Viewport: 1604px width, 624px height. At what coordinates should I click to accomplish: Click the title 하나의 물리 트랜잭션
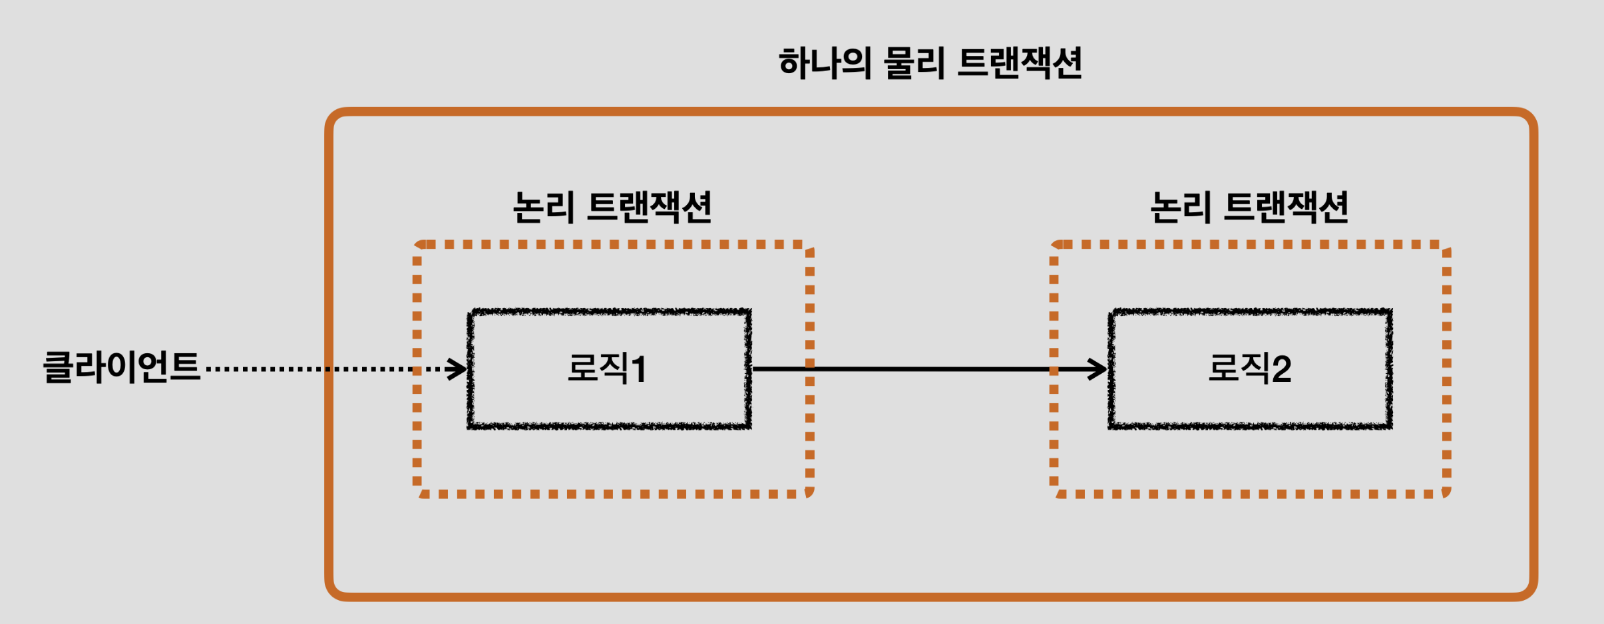point(930,64)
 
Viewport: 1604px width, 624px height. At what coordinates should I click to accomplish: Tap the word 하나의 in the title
point(825,64)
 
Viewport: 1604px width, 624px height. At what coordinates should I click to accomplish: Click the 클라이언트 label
point(121,367)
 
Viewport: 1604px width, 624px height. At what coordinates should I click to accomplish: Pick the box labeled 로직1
point(610,369)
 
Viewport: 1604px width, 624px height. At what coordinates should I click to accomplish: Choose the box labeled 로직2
point(1250,369)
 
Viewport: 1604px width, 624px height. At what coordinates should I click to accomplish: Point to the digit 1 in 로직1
point(639,370)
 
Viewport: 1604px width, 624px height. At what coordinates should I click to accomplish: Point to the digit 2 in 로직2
point(1282,370)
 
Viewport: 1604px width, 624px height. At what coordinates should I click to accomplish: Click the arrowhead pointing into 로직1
point(458,369)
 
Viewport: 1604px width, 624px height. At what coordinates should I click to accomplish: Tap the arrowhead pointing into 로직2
point(1098,369)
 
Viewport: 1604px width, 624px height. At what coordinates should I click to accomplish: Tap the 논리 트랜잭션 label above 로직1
point(612,207)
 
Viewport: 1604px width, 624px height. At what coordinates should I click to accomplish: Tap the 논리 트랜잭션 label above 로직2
point(1249,207)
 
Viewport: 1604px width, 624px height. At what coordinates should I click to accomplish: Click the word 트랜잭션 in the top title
point(1020,64)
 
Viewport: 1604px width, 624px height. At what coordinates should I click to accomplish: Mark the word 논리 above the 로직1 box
point(542,207)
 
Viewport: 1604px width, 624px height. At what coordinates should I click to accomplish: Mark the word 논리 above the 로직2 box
point(1180,207)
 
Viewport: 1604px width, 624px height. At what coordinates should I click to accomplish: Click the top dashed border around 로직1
point(612,245)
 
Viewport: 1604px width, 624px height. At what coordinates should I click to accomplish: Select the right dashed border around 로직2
point(1446,369)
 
